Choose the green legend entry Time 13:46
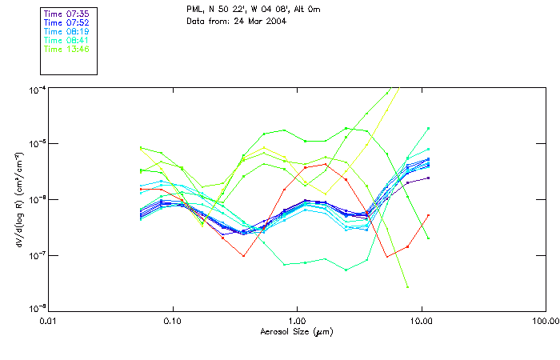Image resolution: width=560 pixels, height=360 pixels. tap(66, 49)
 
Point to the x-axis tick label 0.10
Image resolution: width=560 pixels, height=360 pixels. tap(173, 320)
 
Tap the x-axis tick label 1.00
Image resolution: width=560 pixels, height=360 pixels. tap(298, 320)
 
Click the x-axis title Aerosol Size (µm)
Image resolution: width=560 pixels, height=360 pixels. tap(297, 331)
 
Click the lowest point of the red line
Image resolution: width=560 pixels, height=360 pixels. tap(386, 257)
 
